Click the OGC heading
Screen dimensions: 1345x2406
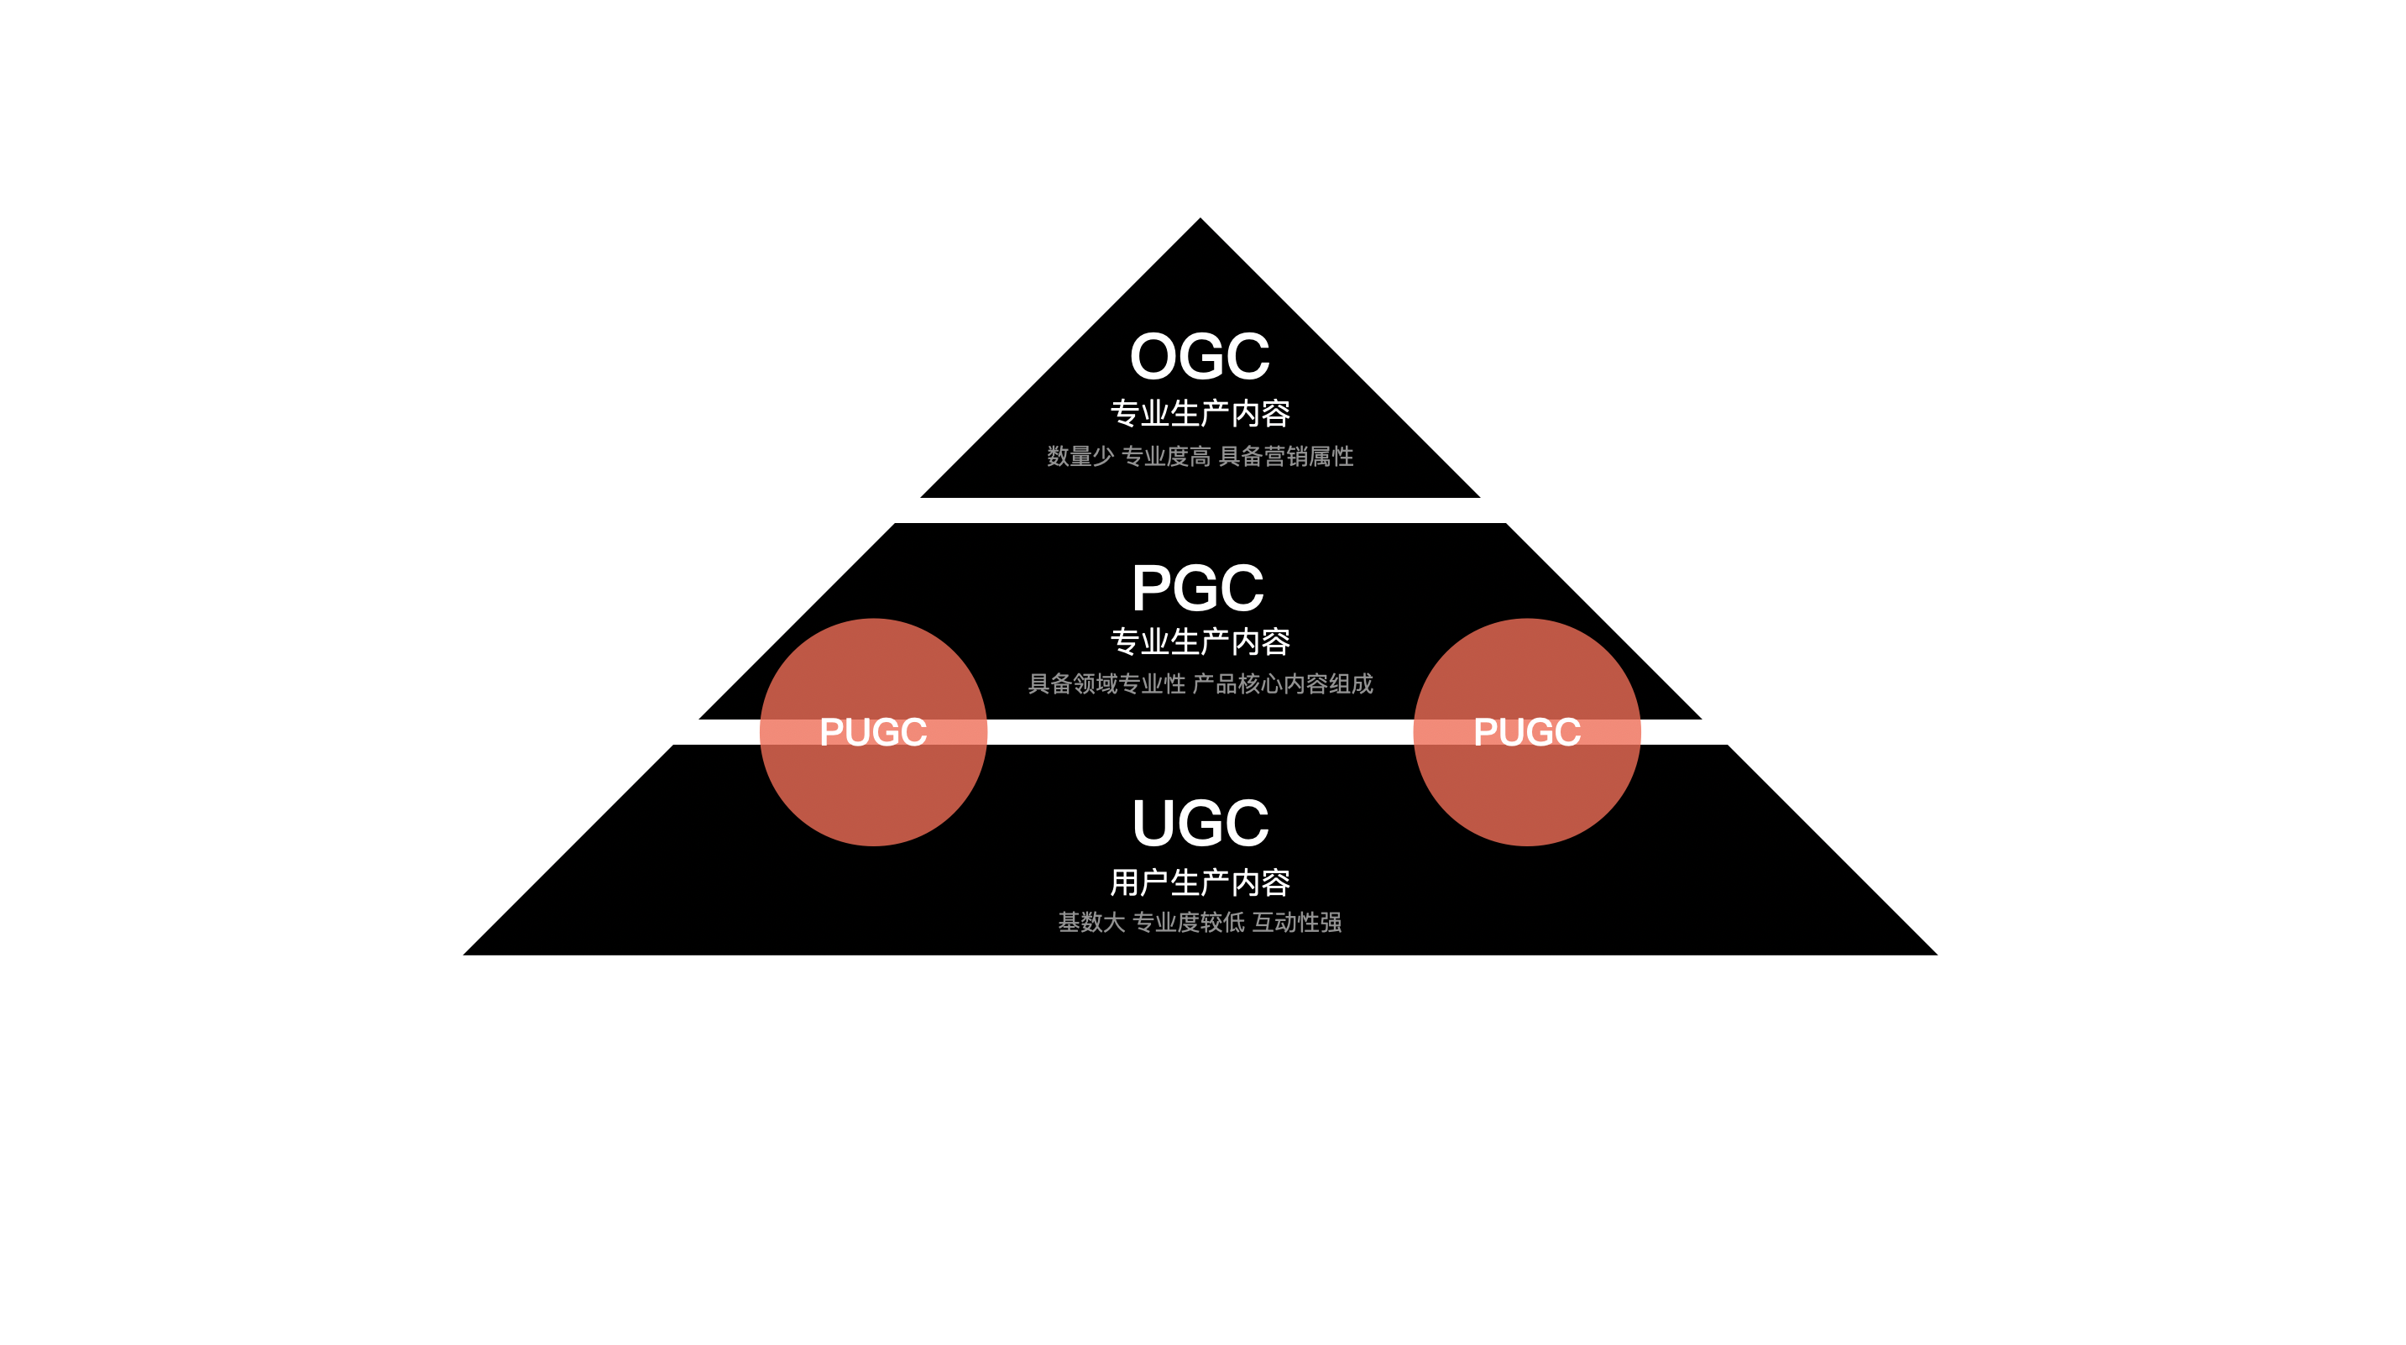coord(1200,357)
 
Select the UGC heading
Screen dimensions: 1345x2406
coord(1200,823)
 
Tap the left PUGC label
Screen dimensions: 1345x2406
coord(872,732)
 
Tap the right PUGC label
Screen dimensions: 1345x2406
coord(1526,732)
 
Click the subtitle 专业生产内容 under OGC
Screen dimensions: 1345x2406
coord(1200,413)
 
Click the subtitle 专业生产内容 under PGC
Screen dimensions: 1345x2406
coord(1200,641)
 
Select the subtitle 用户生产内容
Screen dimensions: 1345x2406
coord(1200,882)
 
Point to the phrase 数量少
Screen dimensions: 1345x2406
coord(1080,457)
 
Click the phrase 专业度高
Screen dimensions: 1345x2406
coord(1165,457)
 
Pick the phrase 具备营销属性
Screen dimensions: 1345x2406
coord(1285,457)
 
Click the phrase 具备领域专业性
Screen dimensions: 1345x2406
coord(1106,684)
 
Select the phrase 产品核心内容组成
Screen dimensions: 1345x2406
coord(1283,684)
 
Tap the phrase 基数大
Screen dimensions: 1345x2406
coord(1091,923)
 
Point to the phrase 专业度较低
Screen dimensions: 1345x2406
coord(1188,923)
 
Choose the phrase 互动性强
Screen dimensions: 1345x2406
coord(1296,923)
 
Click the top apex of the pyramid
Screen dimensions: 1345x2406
coord(1200,222)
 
